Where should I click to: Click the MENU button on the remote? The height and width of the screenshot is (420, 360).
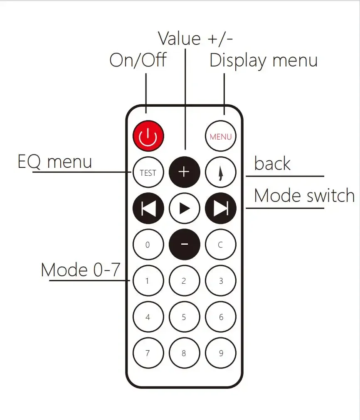(221, 136)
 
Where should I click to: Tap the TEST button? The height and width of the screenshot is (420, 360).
(148, 172)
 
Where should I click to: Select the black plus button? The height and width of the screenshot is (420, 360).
(185, 172)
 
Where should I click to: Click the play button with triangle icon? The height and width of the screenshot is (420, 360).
(185, 208)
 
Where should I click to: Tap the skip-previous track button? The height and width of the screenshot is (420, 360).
(148, 208)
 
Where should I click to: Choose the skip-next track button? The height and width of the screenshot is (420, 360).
(221, 208)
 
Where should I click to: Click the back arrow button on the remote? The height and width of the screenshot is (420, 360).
(221, 172)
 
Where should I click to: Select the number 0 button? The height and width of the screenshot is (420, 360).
(148, 244)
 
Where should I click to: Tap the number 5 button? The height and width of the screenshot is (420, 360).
(185, 317)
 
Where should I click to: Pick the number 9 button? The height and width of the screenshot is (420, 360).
(221, 353)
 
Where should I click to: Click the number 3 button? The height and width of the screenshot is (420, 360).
(221, 281)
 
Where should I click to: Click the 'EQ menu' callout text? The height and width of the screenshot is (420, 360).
(55, 162)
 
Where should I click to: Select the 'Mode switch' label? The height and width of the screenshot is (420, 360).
(304, 195)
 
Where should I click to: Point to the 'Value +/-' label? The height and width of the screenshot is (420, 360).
(195, 38)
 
